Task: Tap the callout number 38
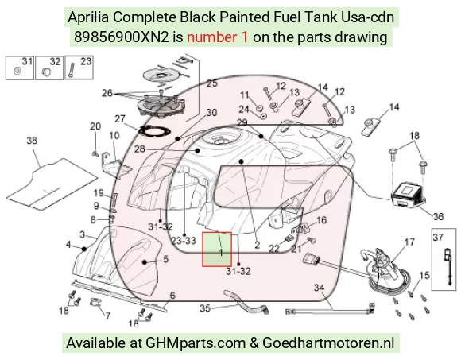(x=32, y=141)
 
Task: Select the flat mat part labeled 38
(x=52, y=184)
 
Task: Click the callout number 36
(x=438, y=217)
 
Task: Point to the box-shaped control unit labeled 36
(x=408, y=194)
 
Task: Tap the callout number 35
(x=205, y=308)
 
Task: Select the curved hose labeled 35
(x=246, y=302)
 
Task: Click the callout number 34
(x=320, y=287)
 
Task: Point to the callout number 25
(x=212, y=83)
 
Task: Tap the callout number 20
(x=95, y=126)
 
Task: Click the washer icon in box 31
(x=17, y=71)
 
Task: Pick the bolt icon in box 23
(x=72, y=71)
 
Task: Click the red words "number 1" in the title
(x=218, y=37)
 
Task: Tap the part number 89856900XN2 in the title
(x=122, y=37)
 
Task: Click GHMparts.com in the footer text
(x=196, y=343)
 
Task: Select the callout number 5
(x=165, y=259)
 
